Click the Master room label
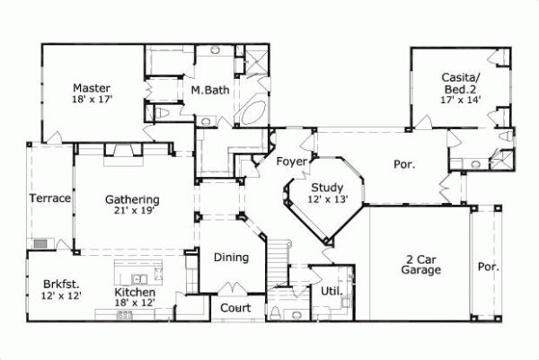[92, 88]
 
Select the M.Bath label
[208, 90]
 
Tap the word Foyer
[292, 162]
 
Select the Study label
[327, 187]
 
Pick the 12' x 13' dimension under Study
[327, 199]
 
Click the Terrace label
[49, 198]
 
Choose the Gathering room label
[132, 199]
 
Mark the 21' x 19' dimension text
[132, 212]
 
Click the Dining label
[231, 258]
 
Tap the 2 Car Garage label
[420, 263]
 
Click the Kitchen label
[136, 293]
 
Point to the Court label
[228, 307]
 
